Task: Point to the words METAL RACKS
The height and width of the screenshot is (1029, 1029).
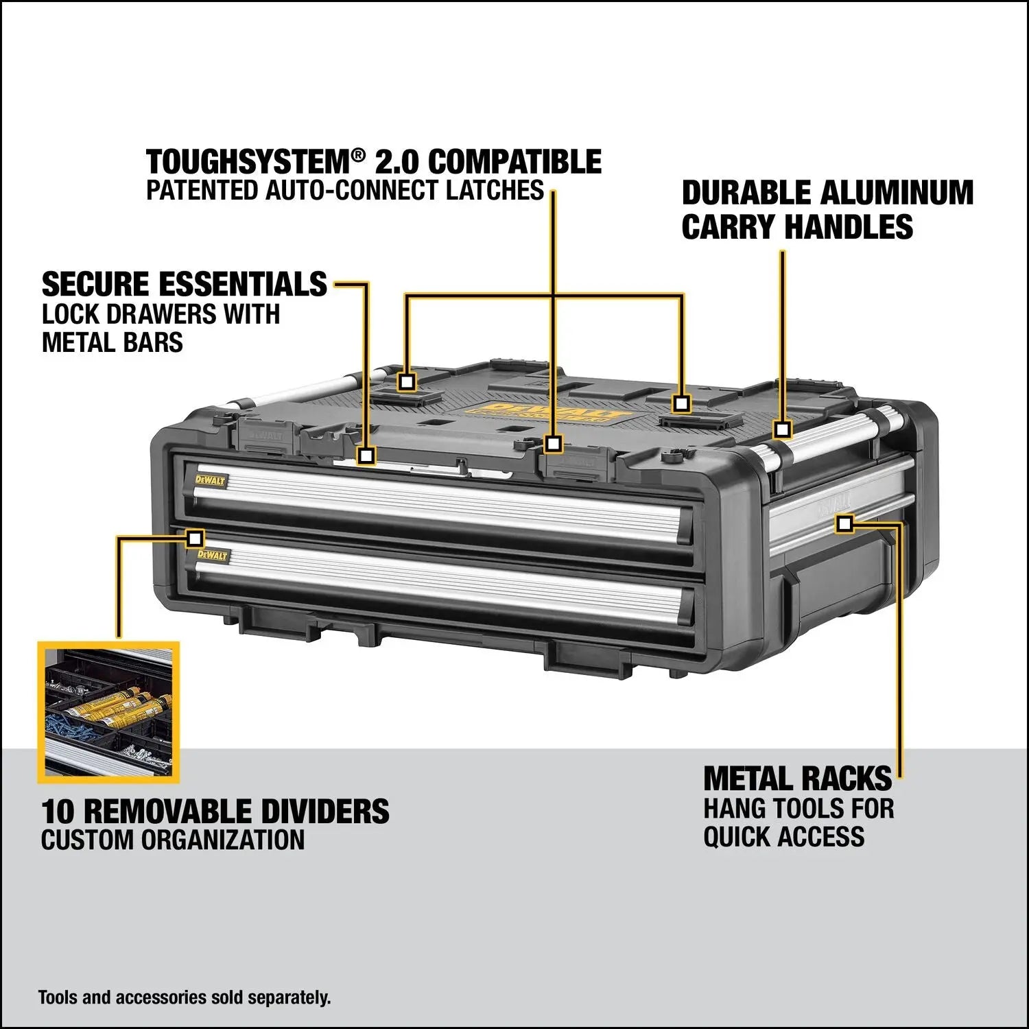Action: (798, 779)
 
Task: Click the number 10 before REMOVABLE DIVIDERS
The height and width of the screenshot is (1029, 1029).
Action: (58, 812)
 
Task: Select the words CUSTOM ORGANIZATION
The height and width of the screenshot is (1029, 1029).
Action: (173, 840)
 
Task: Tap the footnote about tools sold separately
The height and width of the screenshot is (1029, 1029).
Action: (185, 997)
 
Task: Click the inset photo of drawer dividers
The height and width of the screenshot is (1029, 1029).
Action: (108, 712)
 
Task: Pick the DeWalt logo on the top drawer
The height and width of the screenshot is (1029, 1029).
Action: (210, 480)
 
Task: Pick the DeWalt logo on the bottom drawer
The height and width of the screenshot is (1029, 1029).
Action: (211, 555)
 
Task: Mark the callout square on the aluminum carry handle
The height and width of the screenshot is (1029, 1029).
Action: (783, 430)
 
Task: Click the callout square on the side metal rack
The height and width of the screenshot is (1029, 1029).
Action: (844, 524)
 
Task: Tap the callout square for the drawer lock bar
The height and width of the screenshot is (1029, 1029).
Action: (366, 455)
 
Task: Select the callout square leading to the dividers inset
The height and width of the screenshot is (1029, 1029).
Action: (196, 538)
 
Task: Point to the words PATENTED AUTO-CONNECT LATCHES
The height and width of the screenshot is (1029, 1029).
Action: (345, 191)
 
